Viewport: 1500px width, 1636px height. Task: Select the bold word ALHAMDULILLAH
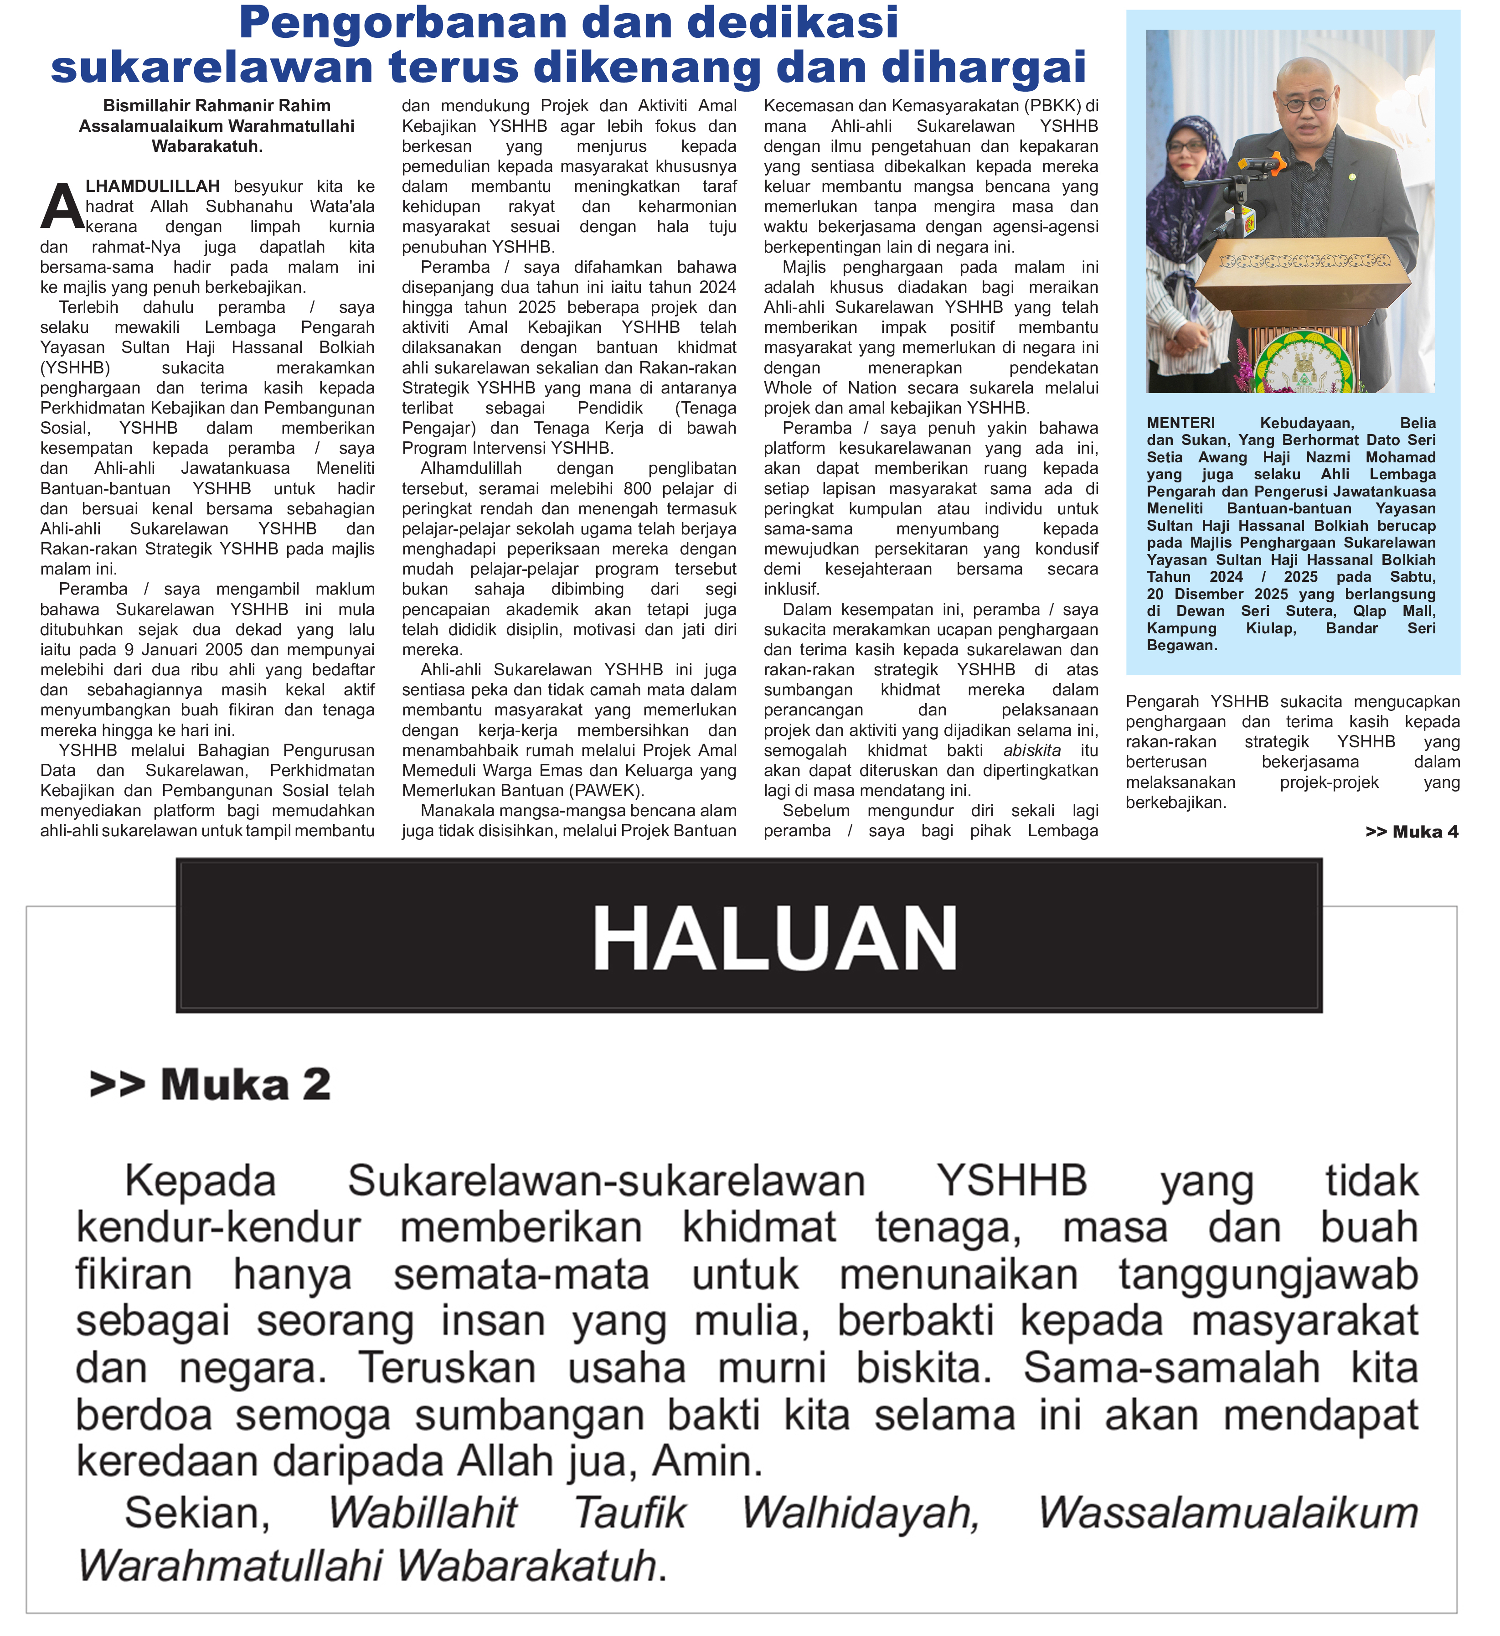[x=153, y=187]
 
